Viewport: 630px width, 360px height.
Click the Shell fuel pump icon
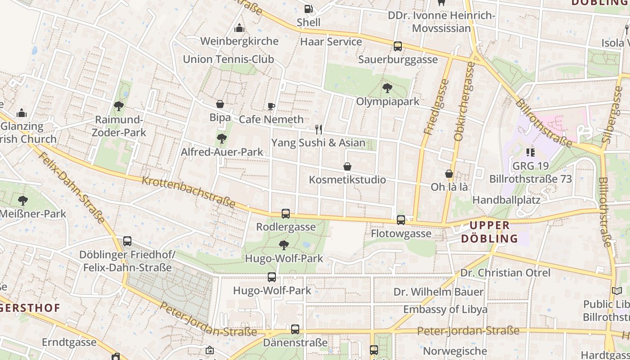coord(308,9)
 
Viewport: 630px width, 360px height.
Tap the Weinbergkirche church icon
coord(239,28)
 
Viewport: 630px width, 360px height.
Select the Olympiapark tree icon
coord(387,88)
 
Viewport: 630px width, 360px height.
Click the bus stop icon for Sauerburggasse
coord(398,46)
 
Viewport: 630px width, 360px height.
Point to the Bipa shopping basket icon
coord(220,104)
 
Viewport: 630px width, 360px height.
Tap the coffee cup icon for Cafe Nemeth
coord(271,106)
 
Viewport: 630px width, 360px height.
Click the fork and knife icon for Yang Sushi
coord(319,130)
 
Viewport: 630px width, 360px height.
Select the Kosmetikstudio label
coord(347,180)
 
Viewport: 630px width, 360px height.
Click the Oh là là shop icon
coord(449,174)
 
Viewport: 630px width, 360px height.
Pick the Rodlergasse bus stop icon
coord(286,214)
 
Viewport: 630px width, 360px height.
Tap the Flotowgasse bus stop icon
coord(401,220)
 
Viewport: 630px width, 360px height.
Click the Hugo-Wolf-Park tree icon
coord(283,245)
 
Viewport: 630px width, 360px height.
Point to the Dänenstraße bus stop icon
coord(295,329)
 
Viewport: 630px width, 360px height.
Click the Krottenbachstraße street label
coord(189,192)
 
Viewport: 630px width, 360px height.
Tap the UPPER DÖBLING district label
coord(490,232)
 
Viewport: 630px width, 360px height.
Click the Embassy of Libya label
coord(445,310)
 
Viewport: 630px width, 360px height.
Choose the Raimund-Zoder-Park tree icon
coord(119,106)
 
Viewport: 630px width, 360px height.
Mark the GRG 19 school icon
coord(530,153)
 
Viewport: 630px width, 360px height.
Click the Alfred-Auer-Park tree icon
coord(221,139)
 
